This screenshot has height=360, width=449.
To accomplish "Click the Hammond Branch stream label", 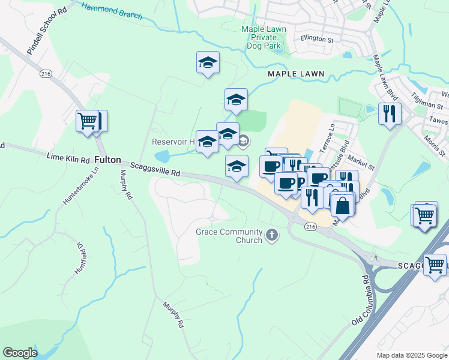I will [x=112, y=10].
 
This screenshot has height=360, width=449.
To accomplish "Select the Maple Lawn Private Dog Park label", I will [x=264, y=37].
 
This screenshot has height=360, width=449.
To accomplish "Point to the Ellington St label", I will [x=317, y=40].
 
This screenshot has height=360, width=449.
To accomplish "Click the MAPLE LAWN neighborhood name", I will [x=295, y=74].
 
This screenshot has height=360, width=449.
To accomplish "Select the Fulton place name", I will [x=108, y=161].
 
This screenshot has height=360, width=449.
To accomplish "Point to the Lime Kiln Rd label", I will [x=68, y=156].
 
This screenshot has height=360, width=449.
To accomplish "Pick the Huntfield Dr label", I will [x=77, y=261].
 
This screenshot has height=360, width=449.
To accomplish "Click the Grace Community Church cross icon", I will [x=272, y=235].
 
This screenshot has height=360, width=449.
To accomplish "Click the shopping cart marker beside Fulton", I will [x=87, y=121].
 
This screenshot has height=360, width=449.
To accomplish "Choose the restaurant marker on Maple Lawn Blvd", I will [x=390, y=113].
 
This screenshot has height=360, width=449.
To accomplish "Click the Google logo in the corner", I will [x=20, y=353].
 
